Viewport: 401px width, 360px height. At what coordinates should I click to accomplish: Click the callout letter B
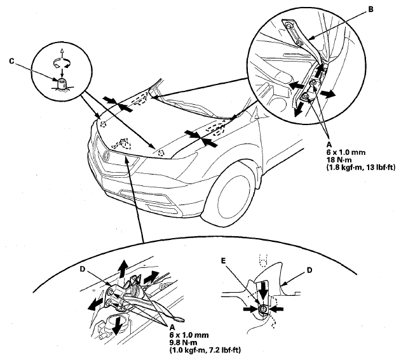click(370, 10)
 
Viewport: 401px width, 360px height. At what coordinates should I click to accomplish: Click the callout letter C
click(11, 62)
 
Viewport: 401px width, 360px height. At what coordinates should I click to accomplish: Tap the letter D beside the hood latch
click(83, 269)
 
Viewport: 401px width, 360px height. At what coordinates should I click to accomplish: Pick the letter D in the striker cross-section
click(309, 270)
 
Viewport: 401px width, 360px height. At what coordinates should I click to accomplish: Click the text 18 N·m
click(339, 160)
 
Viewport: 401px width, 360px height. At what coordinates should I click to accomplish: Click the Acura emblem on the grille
click(105, 156)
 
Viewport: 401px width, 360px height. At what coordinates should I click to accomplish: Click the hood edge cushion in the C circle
click(62, 84)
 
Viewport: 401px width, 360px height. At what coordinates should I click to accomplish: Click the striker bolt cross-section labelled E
click(263, 309)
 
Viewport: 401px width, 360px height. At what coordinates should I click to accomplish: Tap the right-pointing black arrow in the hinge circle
click(328, 94)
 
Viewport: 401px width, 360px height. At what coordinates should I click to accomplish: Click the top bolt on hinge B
click(289, 26)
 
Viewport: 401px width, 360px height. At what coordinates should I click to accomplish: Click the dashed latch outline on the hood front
click(122, 144)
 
